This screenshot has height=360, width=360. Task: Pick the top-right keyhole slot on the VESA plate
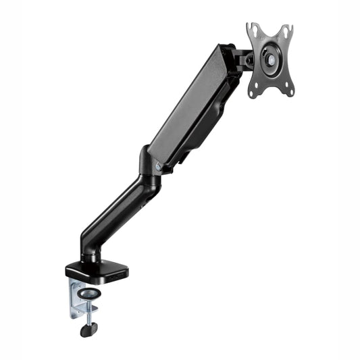(x=286, y=31)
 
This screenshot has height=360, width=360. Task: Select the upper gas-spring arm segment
(x=192, y=105)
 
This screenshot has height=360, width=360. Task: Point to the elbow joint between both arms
(x=150, y=169)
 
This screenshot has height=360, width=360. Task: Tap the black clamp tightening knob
(x=88, y=330)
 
